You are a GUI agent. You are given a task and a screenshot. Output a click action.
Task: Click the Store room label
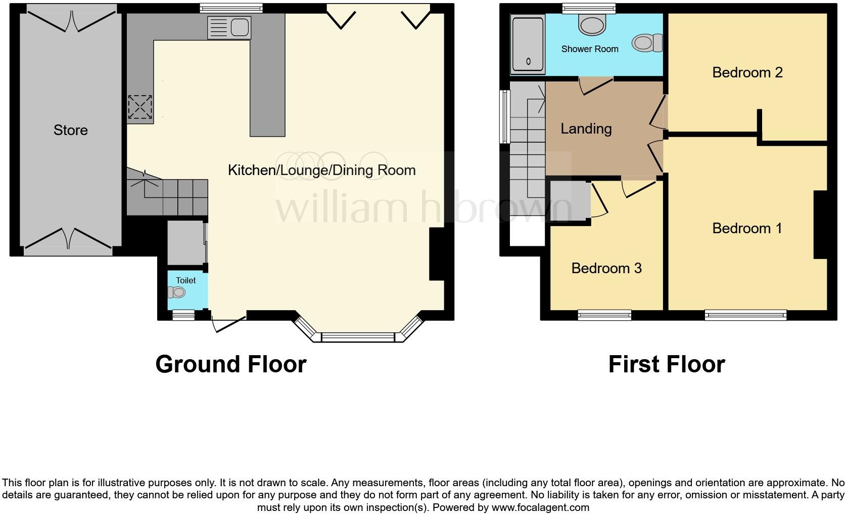point(71,130)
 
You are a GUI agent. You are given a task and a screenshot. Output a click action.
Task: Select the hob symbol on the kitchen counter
point(140,107)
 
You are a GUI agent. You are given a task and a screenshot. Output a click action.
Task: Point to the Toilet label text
point(185,280)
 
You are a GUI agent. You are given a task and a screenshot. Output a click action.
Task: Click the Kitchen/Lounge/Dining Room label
point(321,170)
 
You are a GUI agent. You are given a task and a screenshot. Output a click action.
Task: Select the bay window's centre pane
point(357,337)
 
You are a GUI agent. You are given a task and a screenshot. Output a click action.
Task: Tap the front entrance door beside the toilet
point(228,323)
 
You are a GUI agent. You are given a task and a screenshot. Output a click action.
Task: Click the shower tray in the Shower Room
point(528,43)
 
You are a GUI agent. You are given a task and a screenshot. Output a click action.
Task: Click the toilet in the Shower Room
point(648,42)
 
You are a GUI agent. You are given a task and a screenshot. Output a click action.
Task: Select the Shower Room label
point(590,49)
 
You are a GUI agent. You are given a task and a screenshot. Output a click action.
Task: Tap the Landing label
point(586,128)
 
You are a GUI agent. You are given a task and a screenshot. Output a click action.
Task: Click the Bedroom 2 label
point(747,72)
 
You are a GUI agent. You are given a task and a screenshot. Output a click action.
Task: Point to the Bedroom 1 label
point(747,228)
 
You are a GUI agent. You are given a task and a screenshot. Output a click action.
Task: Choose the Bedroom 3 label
point(606,268)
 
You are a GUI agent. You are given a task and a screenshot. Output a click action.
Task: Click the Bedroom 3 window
point(604,315)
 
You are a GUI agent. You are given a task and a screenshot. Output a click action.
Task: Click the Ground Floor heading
point(231,364)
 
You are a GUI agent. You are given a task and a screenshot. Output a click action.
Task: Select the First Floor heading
point(667,364)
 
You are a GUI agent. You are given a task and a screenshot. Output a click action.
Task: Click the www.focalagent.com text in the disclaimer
point(540,507)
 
